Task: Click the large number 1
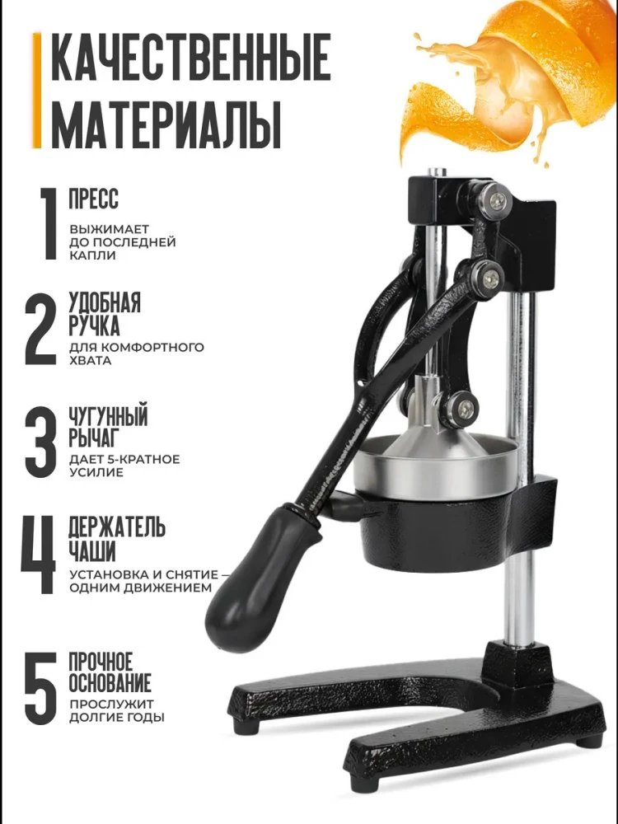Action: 49,224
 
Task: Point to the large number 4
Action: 39,555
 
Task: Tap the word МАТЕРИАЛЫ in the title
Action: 166,124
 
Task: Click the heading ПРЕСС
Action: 94,199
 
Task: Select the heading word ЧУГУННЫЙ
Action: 108,417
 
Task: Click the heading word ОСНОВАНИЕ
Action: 110,682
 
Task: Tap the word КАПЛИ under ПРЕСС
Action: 92,256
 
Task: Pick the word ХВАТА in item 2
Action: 91,361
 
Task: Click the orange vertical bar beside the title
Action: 37,91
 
